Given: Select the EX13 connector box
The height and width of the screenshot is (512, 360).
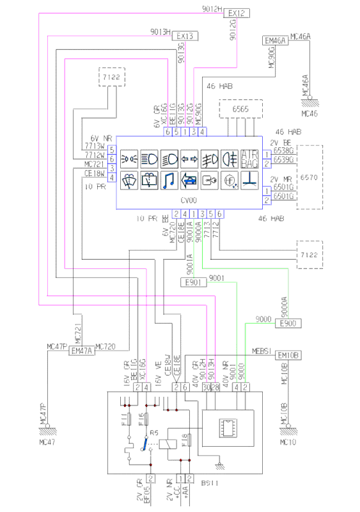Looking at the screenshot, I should pyautogui.click(x=185, y=35).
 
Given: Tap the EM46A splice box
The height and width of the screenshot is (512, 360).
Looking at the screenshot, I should pyautogui.click(x=275, y=41).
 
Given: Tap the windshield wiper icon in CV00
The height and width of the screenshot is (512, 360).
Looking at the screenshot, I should pyautogui.click(x=129, y=180).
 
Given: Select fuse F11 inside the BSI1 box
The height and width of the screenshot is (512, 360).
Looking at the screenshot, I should pyautogui.click(x=130, y=420).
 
